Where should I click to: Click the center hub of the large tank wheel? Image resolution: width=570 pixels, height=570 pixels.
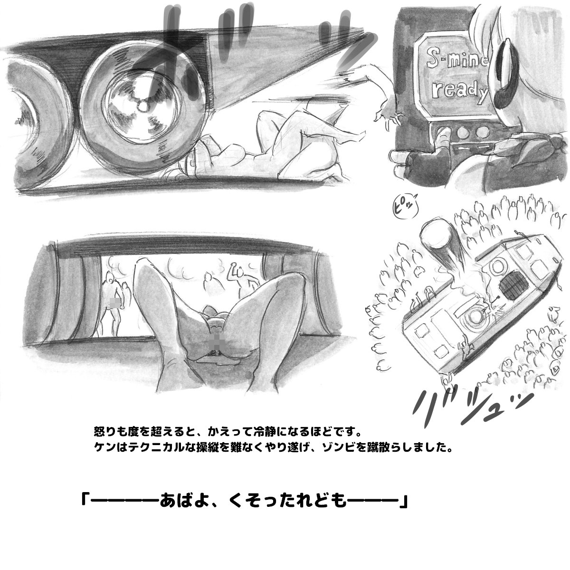[x=142, y=105]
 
